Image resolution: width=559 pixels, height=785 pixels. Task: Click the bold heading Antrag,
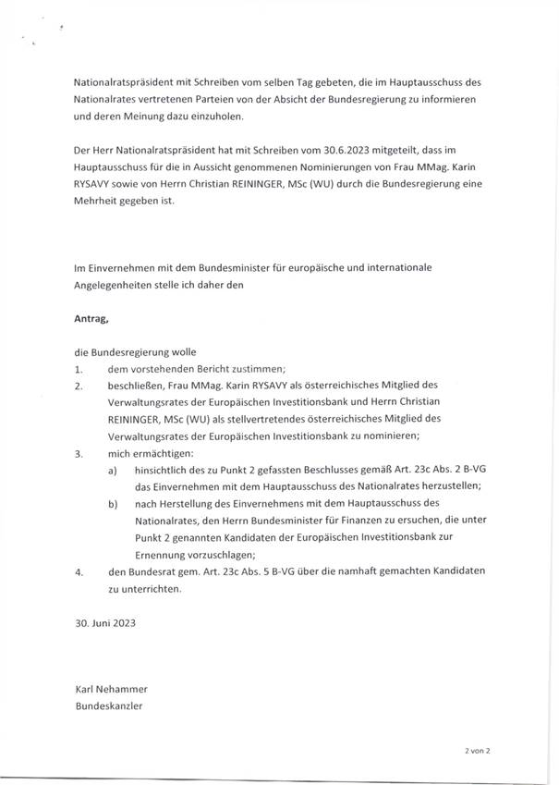click(x=93, y=319)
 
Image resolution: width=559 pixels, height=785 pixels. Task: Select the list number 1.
click(x=79, y=368)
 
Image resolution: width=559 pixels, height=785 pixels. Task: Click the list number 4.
click(x=79, y=571)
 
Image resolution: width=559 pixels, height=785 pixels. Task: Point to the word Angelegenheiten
click(x=115, y=285)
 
